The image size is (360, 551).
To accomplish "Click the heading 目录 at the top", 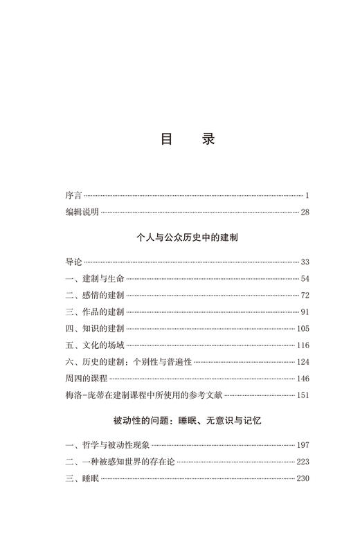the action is coord(188,139).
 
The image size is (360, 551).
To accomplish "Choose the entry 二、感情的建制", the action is coord(95,296).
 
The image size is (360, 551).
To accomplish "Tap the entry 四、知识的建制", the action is coord(95,329).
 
